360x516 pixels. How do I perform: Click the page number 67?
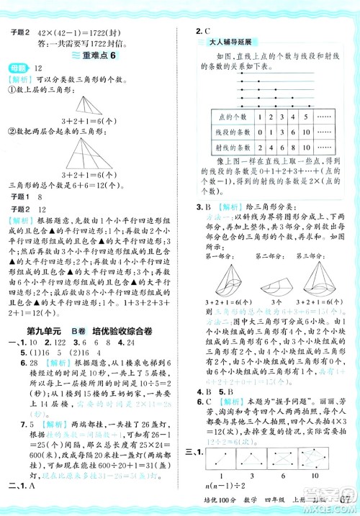click(x=344, y=500)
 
